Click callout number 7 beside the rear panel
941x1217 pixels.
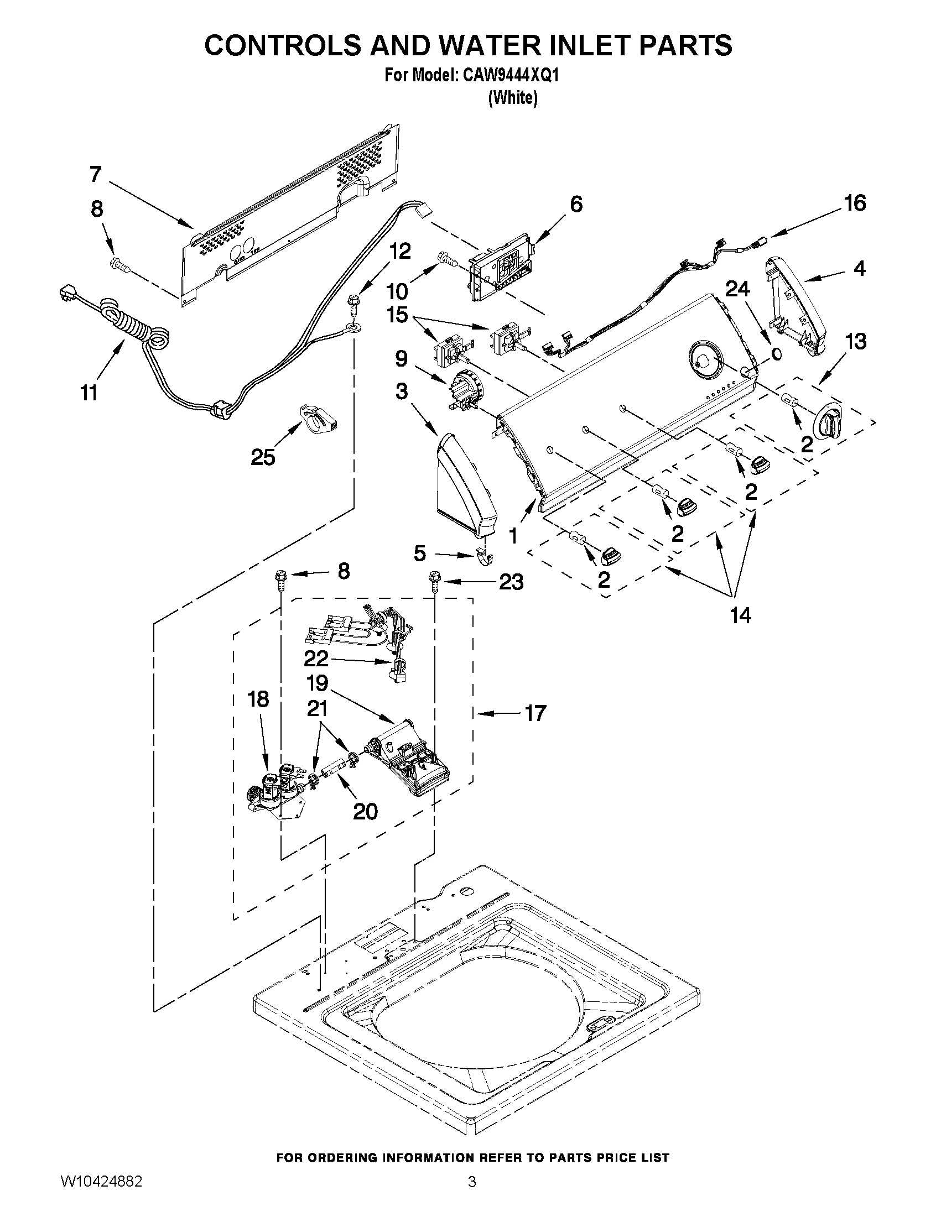tap(96, 175)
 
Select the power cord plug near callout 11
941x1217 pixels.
tap(69, 294)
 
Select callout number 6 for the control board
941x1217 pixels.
tap(576, 204)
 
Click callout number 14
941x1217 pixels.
tap(740, 615)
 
